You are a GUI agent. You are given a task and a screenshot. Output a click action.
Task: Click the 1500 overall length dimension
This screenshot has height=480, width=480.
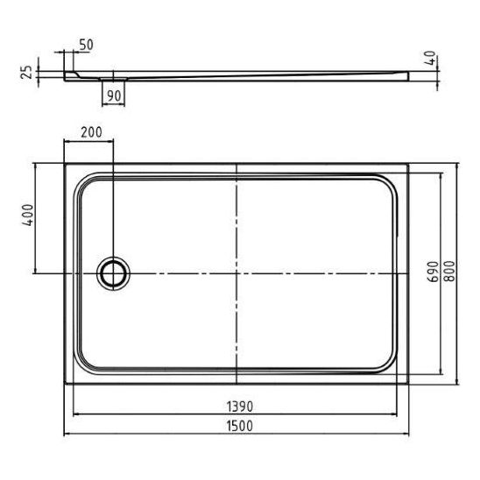240,426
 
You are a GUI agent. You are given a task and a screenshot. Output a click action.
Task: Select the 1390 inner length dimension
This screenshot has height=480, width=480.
240,406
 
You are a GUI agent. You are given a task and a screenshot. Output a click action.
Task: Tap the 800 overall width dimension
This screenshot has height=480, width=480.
449,271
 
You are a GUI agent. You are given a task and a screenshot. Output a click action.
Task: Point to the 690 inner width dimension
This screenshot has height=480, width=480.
434,272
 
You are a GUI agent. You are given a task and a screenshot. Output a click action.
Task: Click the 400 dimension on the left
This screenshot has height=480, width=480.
27,215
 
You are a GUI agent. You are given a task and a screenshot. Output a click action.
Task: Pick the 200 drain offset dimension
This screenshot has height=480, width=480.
91,132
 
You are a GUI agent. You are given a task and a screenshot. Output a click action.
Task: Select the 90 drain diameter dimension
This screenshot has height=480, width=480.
114,96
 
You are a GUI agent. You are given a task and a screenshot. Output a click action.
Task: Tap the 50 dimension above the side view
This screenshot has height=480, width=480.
86,45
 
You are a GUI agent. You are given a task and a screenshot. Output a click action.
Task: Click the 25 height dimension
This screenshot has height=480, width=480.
26,72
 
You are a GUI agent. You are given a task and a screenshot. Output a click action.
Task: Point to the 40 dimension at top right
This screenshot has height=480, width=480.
431,58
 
